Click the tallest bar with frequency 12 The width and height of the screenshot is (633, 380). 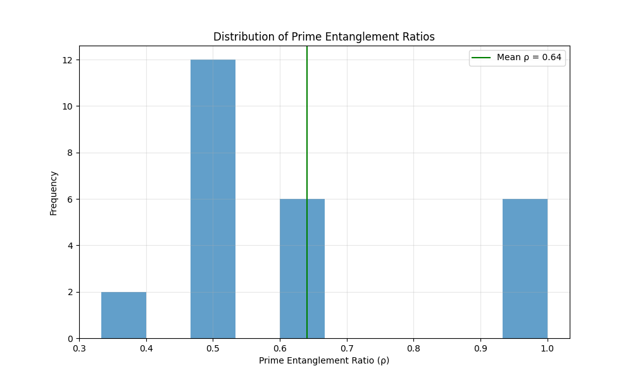click(213, 199)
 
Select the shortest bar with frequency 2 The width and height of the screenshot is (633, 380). click(123, 315)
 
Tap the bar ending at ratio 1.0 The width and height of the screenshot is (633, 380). click(525, 269)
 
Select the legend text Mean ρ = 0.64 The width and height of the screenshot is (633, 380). click(529, 57)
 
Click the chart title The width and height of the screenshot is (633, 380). click(324, 37)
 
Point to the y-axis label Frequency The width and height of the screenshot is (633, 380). click(54, 193)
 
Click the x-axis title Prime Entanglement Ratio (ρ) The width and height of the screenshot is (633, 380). click(324, 360)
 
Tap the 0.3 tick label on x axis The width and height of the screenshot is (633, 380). click(79, 347)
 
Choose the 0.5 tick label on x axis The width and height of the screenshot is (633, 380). click(213, 347)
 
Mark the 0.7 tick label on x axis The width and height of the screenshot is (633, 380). click(347, 347)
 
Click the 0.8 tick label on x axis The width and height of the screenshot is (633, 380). click(413, 347)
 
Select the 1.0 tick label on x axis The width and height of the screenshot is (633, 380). click(547, 347)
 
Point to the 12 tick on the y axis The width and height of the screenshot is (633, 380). click(66, 60)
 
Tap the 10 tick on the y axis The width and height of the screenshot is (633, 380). click(66, 106)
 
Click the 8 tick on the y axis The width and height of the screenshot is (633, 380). click(69, 153)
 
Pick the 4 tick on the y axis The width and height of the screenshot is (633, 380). click(69, 246)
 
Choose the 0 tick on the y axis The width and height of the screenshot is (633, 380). click(69, 338)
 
